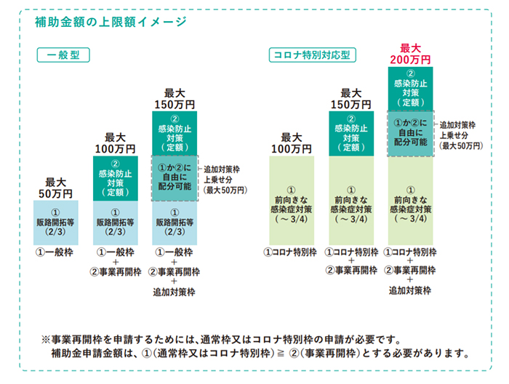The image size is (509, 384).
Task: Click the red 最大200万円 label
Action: pyautogui.click(x=411, y=52)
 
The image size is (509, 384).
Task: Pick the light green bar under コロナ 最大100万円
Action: pyautogui.click(x=292, y=201)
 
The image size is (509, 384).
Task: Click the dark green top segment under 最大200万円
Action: pyautogui.click(x=411, y=88)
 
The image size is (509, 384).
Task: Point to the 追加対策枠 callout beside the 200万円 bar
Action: pyautogui.click(x=461, y=135)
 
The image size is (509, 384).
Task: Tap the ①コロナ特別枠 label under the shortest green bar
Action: pyautogui.click(x=292, y=252)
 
